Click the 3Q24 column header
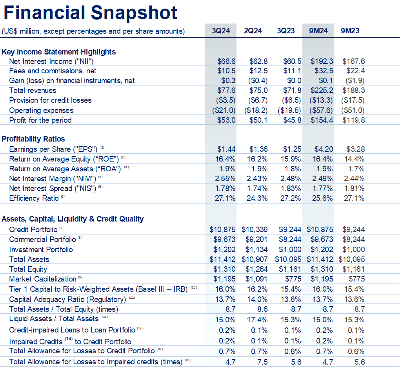click(x=221, y=31)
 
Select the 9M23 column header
click(x=350, y=31)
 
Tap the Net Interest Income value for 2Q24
click(x=258, y=61)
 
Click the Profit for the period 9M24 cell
click(x=322, y=120)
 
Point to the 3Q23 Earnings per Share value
click(x=292, y=149)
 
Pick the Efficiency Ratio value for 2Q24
click(x=257, y=198)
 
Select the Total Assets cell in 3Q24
click(x=223, y=259)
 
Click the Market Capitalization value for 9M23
click(x=356, y=279)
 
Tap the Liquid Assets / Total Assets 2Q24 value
click(x=257, y=319)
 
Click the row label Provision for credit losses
click(x=50, y=100)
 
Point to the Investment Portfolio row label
click(x=41, y=249)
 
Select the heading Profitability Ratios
click(x=33, y=139)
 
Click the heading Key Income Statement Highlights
click(x=59, y=52)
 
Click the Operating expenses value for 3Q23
click(x=290, y=110)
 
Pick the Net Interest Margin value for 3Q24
click(x=225, y=178)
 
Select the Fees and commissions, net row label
click(x=53, y=71)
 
